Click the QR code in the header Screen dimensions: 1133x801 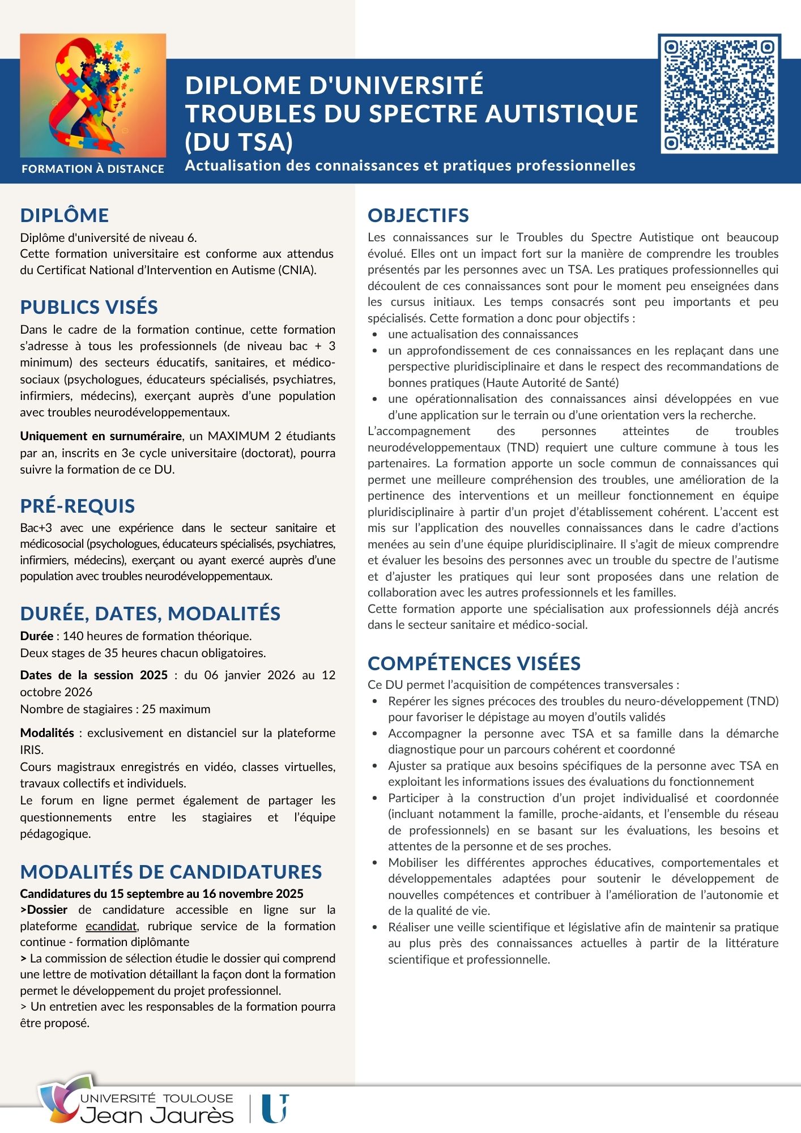tap(719, 93)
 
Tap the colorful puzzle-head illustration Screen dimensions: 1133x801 tap(93, 95)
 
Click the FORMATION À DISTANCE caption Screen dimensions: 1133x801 tap(93, 169)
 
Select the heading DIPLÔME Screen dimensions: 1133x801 tap(65, 215)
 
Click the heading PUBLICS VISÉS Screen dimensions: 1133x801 tap(89, 307)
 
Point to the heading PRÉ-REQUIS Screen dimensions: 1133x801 tap(78, 506)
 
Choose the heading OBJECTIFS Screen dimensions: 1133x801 tap(418, 215)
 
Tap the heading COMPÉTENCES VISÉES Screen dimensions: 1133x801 tap(474, 663)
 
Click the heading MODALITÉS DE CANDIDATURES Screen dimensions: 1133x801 tap(171, 872)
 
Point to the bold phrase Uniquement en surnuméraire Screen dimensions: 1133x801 tap(101, 436)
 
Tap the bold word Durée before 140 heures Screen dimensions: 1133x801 tap(37, 636)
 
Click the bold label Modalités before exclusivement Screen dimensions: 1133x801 tap(47, 733)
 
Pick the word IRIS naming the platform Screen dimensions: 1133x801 tap(31, 749)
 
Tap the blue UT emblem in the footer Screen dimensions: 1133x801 tap(275, 1109)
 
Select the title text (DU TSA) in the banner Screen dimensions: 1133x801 tap(239, 142)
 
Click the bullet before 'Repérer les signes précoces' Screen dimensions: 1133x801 tap(375, 701)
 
